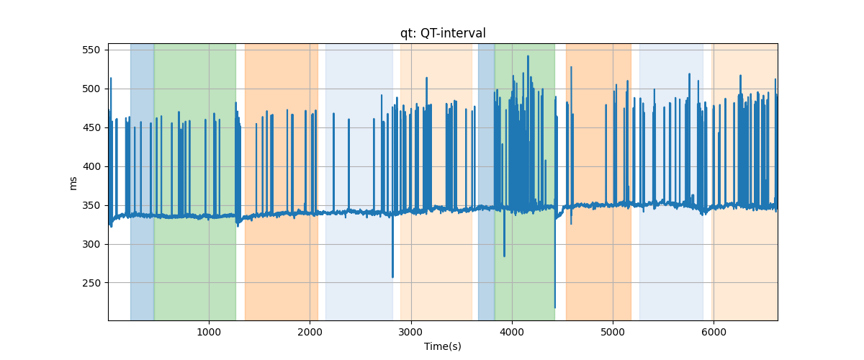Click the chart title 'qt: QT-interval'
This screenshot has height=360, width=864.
(443, 33)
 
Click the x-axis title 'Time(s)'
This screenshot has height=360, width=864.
(443, 346)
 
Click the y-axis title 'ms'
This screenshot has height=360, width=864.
(73, 182)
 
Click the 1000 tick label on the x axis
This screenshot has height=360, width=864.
(209, 332)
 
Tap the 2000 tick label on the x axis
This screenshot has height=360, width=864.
(310, 332)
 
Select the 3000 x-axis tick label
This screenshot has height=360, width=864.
(410, 332)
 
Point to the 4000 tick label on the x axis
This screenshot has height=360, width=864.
(512, 332)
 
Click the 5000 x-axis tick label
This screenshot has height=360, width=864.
(613, 332)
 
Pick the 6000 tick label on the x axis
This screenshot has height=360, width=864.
(714, 332)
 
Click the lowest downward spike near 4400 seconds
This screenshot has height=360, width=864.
(555, 307)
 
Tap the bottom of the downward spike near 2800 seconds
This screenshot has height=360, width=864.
(392, 276)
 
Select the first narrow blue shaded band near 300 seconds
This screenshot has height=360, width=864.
(142, 180)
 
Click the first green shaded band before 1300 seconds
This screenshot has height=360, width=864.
(194, 180)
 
